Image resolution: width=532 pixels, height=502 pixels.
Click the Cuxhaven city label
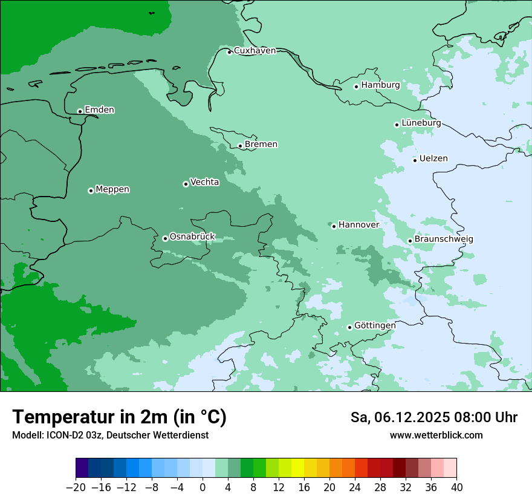tap(255, 51)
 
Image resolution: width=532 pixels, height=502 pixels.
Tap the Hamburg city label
tap(380, 85)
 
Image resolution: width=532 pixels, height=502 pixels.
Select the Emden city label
tap(99, 110)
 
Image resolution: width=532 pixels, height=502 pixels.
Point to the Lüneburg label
tap(421, 123)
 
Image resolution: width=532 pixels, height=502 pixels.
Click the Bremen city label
tap(261, 145)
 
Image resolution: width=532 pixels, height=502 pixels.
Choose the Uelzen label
tap(433, 159)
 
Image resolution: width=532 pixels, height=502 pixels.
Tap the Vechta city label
tap(204, 182)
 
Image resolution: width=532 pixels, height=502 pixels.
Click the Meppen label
tap(112, 190)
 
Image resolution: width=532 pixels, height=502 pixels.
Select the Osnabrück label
tap(192, 237)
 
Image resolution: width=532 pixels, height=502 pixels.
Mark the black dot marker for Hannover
tap(334, 226)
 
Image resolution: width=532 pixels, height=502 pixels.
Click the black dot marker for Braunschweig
tap(410, 241)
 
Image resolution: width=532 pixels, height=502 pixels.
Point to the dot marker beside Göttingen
tap(349, 327)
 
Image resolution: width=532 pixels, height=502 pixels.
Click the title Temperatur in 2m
tap(119, 417)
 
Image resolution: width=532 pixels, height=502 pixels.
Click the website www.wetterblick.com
tap(436, 435)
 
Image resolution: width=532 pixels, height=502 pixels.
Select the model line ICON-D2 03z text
tap(110, 435)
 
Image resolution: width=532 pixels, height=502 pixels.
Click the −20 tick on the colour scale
tap(76, 487)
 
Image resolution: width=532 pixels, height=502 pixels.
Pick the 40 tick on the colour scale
tap(456, 487)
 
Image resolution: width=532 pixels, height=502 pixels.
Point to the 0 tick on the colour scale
tap(203, 487)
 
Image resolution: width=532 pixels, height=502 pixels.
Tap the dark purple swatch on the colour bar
tap(82, 468)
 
